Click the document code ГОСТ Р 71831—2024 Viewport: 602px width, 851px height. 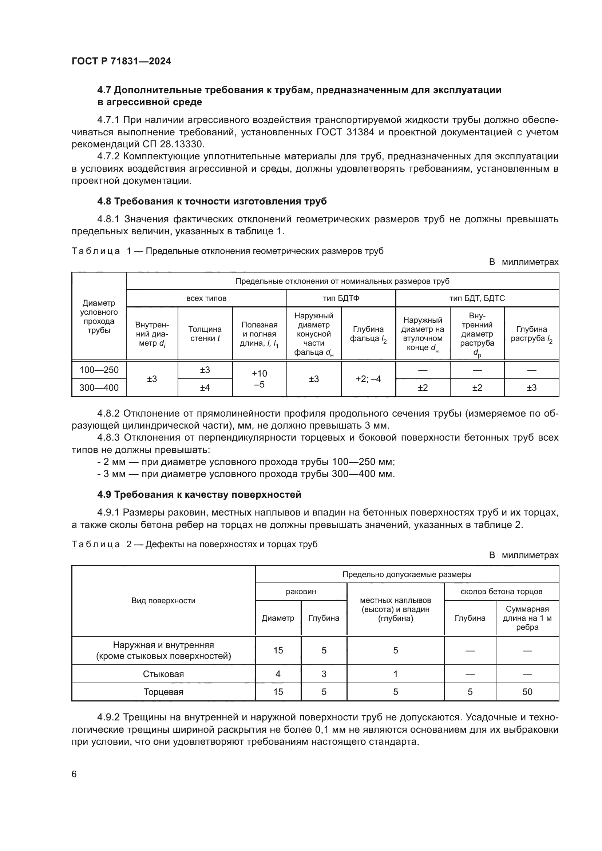pyautogui.click(x=121, y=61)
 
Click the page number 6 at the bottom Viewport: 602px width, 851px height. pyautogui.click(x=74, y=774)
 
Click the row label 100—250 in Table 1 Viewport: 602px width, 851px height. pyautogui.click(x=99, y=370)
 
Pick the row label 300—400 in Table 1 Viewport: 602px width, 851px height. pyautogui.click(x=99, y=388)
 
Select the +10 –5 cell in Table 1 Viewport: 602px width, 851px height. pyautogui.click(x=260, y=378)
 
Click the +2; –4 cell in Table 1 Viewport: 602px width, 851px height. pyautogui.click(x=368, y=379)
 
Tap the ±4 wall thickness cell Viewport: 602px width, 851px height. pyautogui.click(x=205, y=388)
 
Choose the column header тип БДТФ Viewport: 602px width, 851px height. pyautogui.click(x=341, y=298)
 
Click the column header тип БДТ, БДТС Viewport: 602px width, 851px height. pyautogui.click(x=477, y=298)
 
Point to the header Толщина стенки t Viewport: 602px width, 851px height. pyautogui.click(x=205, y=334)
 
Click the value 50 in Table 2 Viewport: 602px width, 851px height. pyautogui.click(x=527, y=692)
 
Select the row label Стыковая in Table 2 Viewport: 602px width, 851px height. pyautogui.click(x=163, y=674)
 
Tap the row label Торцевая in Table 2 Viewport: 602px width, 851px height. pyautogui.click(x=163, y=692)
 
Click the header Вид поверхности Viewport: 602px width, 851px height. pyautogui.click(x=163, y=600)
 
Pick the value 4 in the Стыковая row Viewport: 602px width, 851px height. pyautogui.click(x=278, y=674)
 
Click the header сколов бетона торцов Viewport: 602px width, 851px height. pyautogui.click(x=502, y=592)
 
